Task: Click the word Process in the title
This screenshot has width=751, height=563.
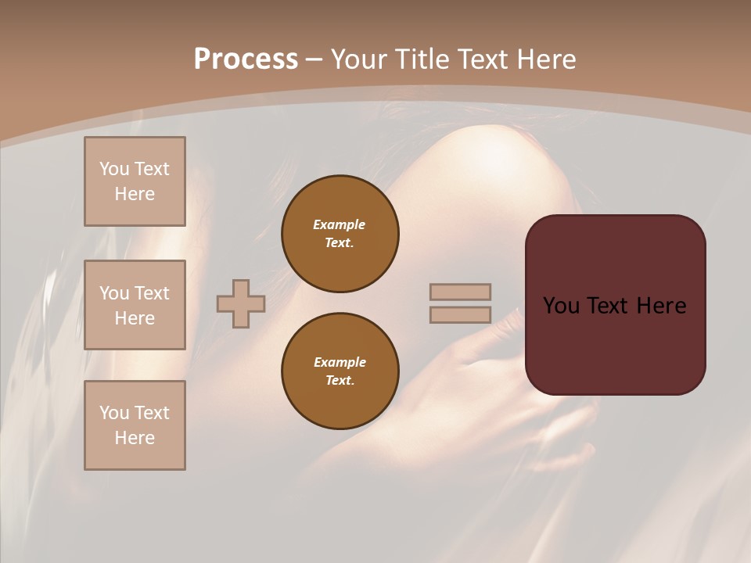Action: coord(246,59)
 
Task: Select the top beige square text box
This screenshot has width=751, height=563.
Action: coord(135,181)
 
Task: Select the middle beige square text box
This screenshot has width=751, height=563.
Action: coord(135,305)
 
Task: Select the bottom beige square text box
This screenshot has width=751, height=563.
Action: coord(135,425)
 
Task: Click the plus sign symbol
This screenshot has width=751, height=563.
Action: coord(241,303)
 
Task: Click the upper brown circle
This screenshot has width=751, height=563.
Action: coord(340,234)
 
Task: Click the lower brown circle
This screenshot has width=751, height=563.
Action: coord(340,371)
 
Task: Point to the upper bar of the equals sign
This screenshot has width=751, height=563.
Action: coord(460,292)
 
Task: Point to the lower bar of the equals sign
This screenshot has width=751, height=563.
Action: coord(460,315)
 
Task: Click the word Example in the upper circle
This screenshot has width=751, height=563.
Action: coord(339,224)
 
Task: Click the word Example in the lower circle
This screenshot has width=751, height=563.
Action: coord(340,362)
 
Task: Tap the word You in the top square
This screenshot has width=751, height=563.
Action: coord(114,169)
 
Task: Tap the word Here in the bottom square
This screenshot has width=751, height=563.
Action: coord(135,438)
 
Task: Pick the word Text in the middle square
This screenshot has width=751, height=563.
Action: coord(151,293)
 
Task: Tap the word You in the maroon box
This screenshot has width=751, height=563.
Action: coord(561,306)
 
